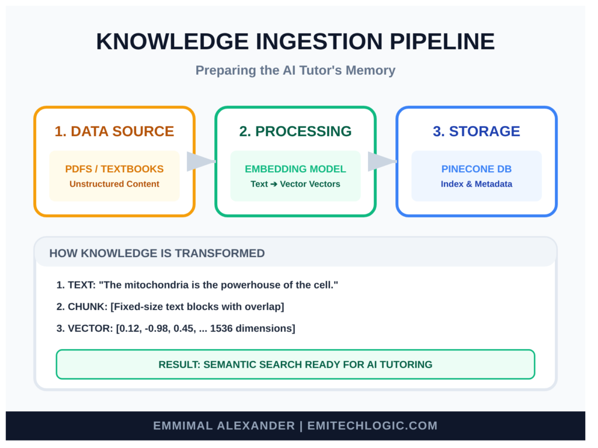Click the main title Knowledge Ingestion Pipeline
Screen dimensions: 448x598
click(x=295, y=42)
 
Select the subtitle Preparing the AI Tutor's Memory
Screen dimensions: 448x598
click(x=295, y=71)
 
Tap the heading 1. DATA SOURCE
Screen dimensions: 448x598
click(x=114, y=131)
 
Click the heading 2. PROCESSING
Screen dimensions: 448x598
click(x=295, y=131)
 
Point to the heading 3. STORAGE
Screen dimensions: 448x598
click(x=477, y=131)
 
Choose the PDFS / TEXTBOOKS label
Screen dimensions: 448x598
click(x=114, y=169)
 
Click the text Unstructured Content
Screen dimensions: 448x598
click(x=114, y=184)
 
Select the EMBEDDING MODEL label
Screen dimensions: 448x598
click(x=295, y=169)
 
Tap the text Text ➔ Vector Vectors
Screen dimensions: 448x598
click(x=295, y=184)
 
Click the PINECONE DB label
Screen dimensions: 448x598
click(x=477, y=169)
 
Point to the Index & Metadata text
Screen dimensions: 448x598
click(x=477, y=184)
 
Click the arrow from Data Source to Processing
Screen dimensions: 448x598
click(x=200, y=162)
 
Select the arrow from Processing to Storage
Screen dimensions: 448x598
click(x=381, y=162)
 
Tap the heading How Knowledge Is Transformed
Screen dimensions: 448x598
click(x=157, y=253)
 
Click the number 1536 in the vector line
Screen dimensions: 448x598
click(x=221, y=328)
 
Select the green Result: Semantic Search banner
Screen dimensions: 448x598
click(x=295, y=364)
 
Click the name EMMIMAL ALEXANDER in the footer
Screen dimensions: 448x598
click(x=224, y=426)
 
